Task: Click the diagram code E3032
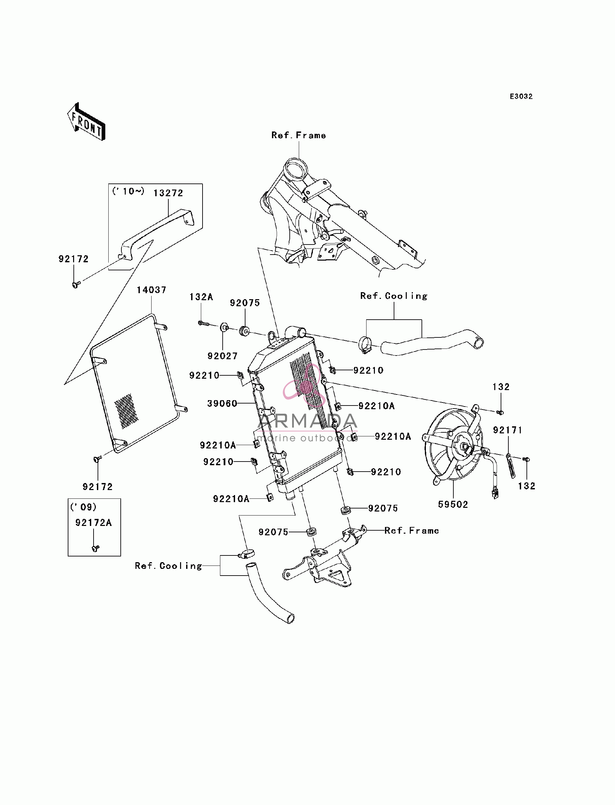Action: [x=521, y=97]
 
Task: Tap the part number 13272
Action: [x=168, y=193]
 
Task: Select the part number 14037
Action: [x=152, y=290]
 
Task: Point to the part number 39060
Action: [x=222, y=404]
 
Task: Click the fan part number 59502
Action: [x=453, y=504]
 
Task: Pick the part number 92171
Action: [x=508, y=430]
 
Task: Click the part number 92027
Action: [x=223, y=356]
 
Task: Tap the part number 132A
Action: [x=201, y=297]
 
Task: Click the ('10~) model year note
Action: [x=128, y=191]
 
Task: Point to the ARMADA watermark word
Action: [x=307, y=421]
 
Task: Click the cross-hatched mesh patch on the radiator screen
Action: [x=126, y=411]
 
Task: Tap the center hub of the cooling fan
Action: [x=465, y=447]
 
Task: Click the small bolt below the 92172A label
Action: [x=96, y=548]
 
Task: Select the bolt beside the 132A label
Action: [x=203, y=323]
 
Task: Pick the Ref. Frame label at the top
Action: [x=299, y=136]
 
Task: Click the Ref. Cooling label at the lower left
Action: [x=168, y=566]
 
